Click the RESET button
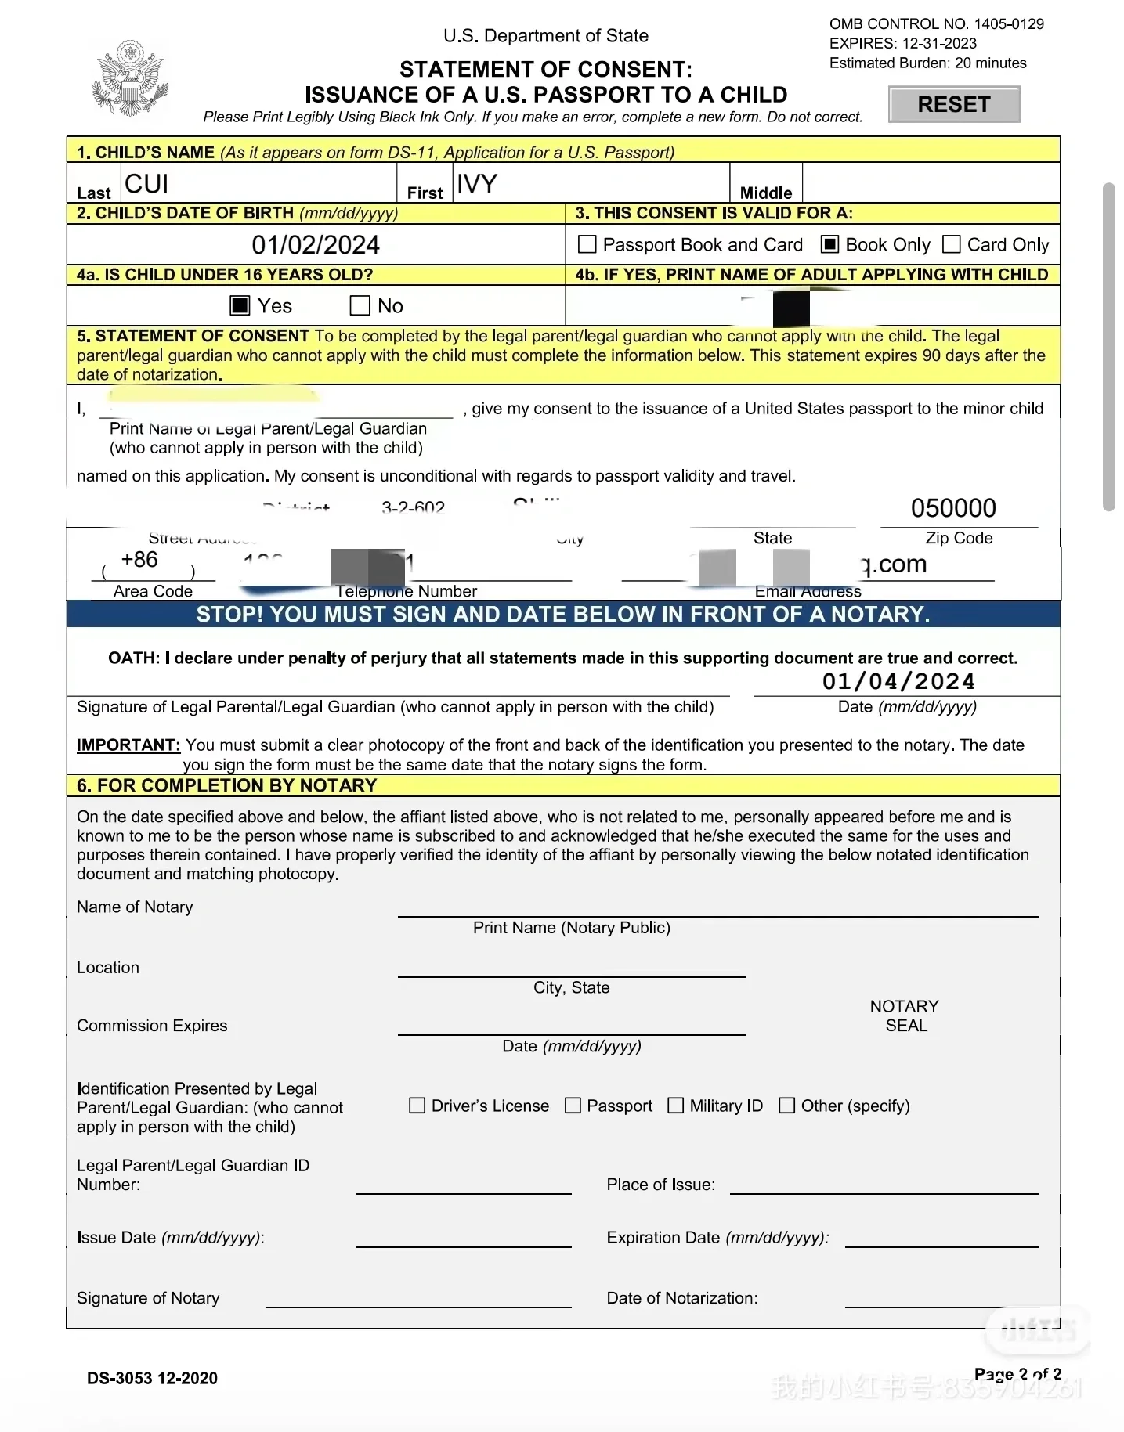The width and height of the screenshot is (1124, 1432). (954, 105)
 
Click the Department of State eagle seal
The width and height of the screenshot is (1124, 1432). (130, 78)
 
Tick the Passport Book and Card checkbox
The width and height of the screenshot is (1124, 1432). (587, 245)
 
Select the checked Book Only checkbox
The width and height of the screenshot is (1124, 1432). (829, 245)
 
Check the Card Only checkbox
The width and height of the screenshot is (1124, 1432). (951, 245)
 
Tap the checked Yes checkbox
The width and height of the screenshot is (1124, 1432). (240, 305)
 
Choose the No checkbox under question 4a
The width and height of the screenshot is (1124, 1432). (360, 305)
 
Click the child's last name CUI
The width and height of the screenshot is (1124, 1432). (146, 184)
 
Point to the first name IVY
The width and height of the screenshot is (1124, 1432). (476, 184)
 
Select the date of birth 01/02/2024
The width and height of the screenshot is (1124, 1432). (316, 245)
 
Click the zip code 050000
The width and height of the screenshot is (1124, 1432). (953, 508)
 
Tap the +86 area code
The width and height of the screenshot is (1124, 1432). (139, 560)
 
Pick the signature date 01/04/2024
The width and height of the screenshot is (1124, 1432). (898, 681)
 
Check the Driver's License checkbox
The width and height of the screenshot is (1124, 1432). (417, 1106)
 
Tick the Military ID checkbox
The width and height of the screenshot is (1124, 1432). (675, 1106)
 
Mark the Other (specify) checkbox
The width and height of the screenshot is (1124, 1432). (786, 1106)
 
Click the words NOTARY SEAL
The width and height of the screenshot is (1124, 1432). (905, 1015)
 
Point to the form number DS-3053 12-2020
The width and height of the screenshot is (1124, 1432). (152, 1378)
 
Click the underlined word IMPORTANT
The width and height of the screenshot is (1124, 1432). (128, 745)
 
